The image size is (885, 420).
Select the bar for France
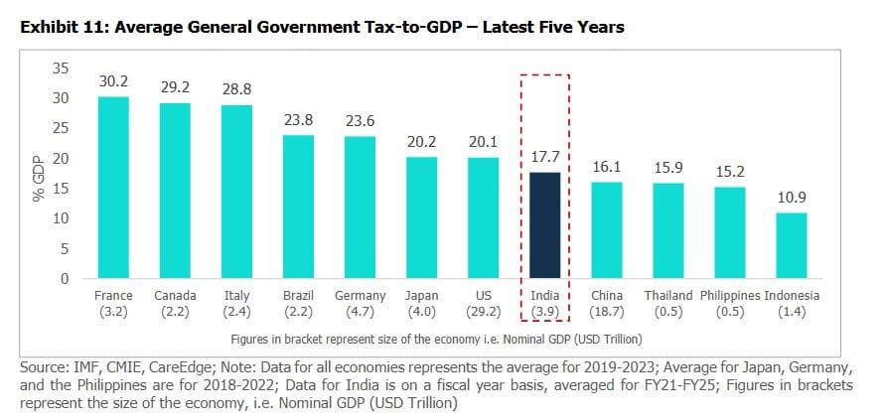coord(113,188)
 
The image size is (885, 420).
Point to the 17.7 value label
coord(544,157)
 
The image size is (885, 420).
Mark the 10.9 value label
coord(791,199)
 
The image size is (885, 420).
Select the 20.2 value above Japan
coord(421,142)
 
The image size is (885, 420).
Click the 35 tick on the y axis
coord(62,69)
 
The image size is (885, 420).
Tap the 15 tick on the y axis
coord(62,189)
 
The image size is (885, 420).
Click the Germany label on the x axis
coord(360,296)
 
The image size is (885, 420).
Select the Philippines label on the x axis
coord(730,296)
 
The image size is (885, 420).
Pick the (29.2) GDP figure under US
coord(483,312)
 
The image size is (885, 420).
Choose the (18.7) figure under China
coord(607,312)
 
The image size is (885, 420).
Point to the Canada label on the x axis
coord(175,296)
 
